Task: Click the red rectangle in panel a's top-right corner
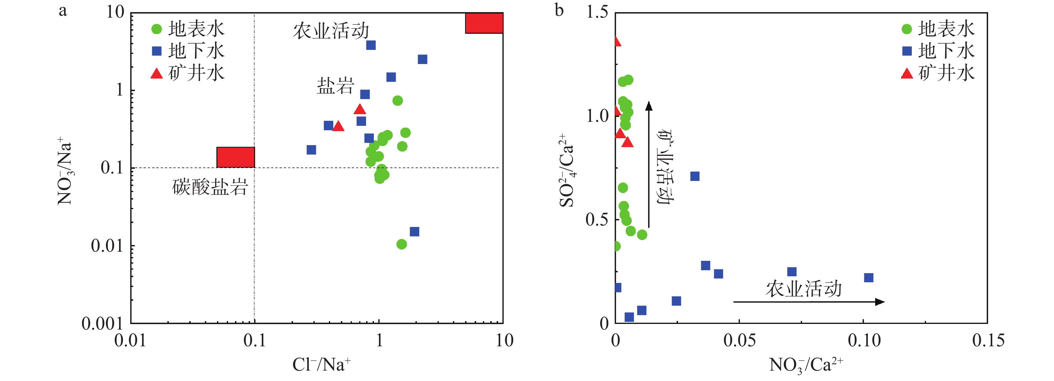(x=484, y=23)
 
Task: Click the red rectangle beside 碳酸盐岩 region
(x=236, y=157)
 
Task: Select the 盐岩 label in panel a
(x=335, y=86)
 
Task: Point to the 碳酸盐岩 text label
(x=210, y=187)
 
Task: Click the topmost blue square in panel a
(x=371, y=45)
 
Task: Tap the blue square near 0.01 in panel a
(x=415, y=232)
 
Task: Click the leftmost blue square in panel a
(x=311, y=150)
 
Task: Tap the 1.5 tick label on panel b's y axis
(x=597, y=12)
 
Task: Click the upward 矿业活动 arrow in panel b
(x=649, y=164)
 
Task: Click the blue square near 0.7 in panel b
(x=695, y=177)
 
